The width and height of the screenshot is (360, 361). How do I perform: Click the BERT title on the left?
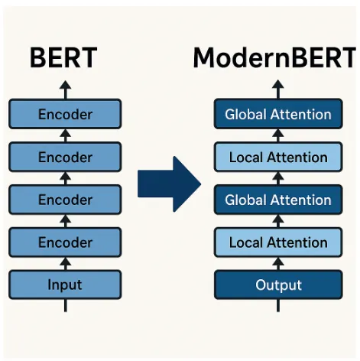click(x=66, y=57)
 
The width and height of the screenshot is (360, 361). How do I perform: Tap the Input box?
click(x=65, y=285)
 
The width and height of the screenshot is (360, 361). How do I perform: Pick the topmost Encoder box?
click(x=65, y=115)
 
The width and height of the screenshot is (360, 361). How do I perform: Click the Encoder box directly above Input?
click(x=65, y=243)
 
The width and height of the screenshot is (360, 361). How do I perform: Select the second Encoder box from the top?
click(x=65, y=158)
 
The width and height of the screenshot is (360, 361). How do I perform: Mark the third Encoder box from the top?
click(x=65, y=200)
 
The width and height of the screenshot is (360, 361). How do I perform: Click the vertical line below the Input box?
click(x=65, y=305)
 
